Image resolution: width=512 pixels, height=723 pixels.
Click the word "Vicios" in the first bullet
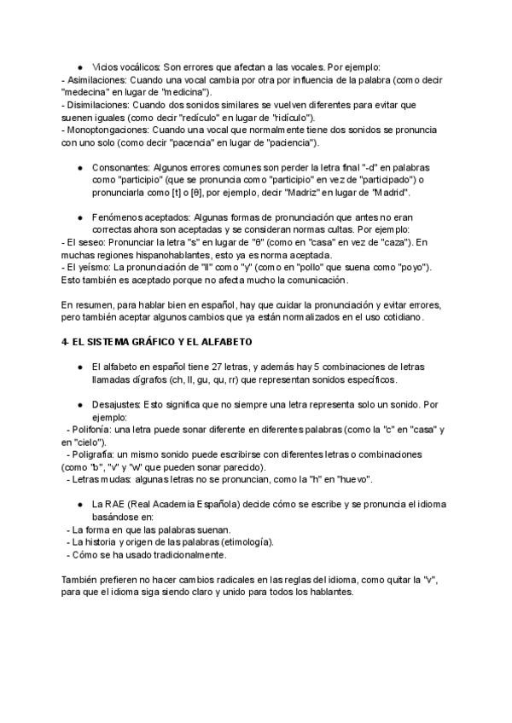tap(105, 67)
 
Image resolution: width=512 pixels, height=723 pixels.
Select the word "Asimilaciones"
tap(96, 79)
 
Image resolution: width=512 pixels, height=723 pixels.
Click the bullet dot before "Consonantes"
tap(79, 168)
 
